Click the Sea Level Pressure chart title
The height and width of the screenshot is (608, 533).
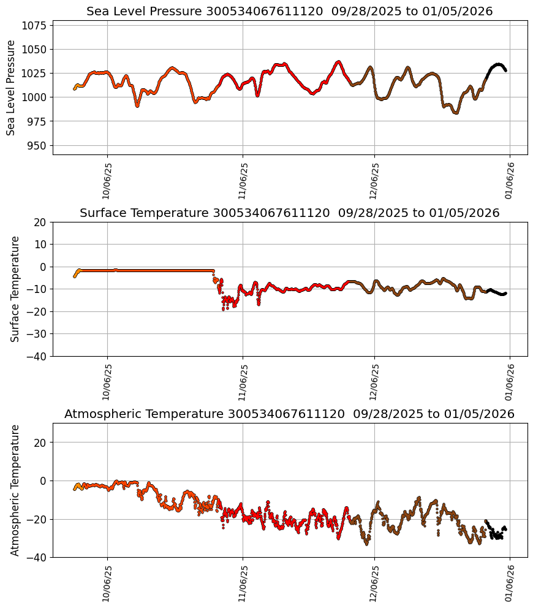click(289, 11)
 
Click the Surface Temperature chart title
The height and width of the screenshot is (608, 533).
click(289, 213)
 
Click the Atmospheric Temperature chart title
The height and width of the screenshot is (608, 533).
click(289, 414)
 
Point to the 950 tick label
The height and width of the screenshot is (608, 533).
click(37, 145)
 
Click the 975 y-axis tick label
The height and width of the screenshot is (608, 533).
click(37, 121)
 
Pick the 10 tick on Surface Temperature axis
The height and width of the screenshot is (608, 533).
click(40, 244)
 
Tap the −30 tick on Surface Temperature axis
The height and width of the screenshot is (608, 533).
click(38, 333)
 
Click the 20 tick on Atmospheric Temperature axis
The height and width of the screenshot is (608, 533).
click(40, 442)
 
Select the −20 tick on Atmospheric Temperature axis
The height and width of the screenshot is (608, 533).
click(38, 519)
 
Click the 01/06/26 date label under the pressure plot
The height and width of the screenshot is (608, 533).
click(510, 182)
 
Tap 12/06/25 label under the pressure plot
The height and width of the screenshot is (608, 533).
click(374, 182)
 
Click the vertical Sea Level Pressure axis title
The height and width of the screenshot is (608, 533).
click(11, 88)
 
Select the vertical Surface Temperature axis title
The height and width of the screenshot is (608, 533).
click(15, 289)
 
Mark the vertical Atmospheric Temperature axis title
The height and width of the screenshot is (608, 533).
click(15, 490)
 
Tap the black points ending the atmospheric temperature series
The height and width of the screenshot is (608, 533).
click(496, 533)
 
